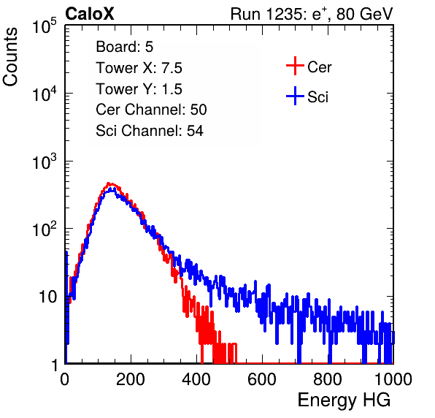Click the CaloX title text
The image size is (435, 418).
[x=90, y=14]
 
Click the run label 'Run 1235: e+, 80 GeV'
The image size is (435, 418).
[x=312, y=14]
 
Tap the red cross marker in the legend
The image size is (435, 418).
[x=295, y=66]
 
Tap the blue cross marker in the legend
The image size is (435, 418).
[x=295, y=96]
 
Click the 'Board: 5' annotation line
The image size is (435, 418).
[x=125, y=47]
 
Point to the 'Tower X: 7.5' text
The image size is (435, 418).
[x=139, y=68]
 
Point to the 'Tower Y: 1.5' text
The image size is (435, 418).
[x=139, y=89]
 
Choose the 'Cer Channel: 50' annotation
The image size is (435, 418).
[x=151, y=110]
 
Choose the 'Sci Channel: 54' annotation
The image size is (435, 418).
[x=150, y=131]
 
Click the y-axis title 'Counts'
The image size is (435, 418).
[x=10, y=57]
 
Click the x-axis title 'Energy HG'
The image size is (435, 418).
[x=344, y=400]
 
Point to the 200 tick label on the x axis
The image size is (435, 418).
[x=131, y=379]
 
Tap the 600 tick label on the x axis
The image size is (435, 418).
[x=262, y=379]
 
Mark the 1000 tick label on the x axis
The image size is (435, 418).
[x=393, y=379]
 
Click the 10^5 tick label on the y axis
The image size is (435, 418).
[x=45, y=26]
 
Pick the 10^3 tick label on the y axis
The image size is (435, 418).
[x=45, y=161]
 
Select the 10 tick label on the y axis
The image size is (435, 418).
[x=48, y=297]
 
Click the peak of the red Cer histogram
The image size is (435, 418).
[x=109, y=183]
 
